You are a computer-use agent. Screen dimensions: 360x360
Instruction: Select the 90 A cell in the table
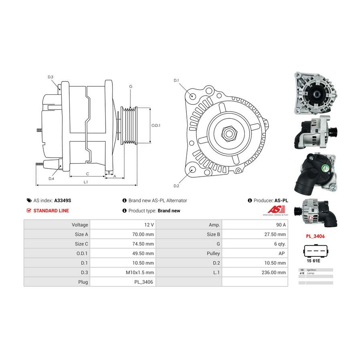[280, 225]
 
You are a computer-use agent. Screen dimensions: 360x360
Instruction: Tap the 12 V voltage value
[148, 225]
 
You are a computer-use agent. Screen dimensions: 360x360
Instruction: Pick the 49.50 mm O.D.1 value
[144, 253]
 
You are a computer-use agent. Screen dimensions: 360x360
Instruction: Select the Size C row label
[79, 244]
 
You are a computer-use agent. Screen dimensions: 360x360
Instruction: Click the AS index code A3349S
[65, 200]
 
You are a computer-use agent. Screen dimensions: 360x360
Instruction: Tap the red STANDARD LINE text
[51, 210]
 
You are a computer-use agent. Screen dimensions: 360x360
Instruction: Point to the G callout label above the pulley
[131, 86]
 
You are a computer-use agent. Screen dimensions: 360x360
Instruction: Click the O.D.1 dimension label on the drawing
[156, 125]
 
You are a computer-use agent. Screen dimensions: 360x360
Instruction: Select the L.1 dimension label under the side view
[86, 182]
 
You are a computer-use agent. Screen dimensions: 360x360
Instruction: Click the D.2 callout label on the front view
[176, 186]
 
